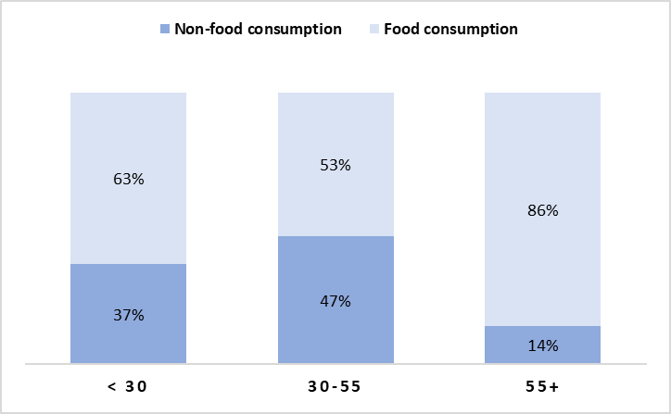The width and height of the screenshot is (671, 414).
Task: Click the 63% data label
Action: point(129,179)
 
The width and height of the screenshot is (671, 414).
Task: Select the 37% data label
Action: point(129,315)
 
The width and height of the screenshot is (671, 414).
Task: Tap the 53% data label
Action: point(335,165)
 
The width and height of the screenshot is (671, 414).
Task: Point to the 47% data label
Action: point(335,301)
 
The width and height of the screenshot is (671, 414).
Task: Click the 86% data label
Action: point(543,210)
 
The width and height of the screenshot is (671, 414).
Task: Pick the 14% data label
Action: point(543,345)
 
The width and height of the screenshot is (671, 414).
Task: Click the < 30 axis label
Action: point(129,387)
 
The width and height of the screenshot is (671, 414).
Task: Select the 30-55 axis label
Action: point(335,387)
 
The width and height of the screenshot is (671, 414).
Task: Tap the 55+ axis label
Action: point(543,387)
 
